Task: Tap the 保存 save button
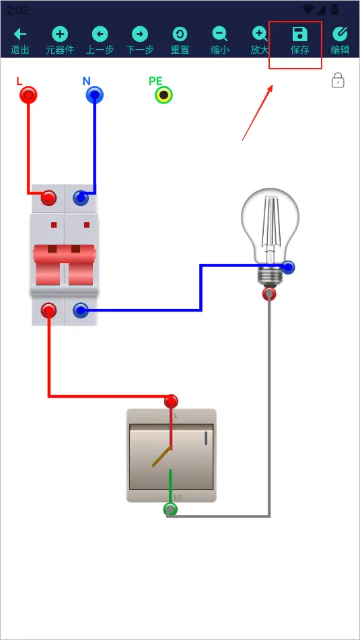coord(299,41)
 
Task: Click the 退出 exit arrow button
coord(20,41)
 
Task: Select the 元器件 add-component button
coord(60,41)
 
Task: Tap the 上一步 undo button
coord(100,41)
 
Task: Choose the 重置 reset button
coord(180,41)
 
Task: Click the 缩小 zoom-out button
coord(219,41)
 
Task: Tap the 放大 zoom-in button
coord(260,41)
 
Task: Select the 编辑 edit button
coord(340,41)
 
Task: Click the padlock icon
coord(338,80)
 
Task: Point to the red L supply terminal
coord(28,96)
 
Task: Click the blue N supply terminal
coord(95,96)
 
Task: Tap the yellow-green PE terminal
coord(164,96)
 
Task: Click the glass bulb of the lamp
coord(270,227)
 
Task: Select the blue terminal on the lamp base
coord(288,267)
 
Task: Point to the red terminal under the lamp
coord(269,293)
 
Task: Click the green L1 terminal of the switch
coord(170,509)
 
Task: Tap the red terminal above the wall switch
coord(171,402)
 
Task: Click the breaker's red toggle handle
coord(65,264)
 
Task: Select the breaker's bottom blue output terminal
coord(81,311)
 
